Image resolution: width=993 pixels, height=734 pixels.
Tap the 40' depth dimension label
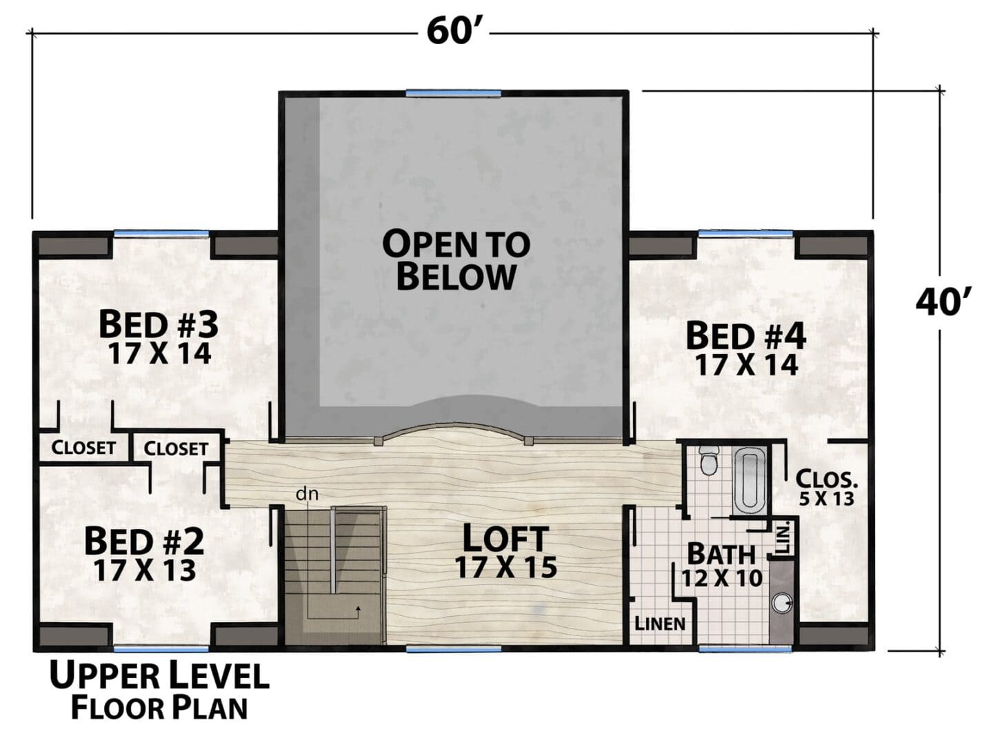coord(937,302)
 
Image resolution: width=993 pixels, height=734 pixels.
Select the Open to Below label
coord(457,260)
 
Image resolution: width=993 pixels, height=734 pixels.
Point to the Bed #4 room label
coord(746,337)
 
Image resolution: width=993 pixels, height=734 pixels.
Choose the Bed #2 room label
coord(144,541)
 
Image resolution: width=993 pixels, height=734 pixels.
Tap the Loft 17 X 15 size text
coord(506,567)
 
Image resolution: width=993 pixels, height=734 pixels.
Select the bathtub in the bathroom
coord(749,483)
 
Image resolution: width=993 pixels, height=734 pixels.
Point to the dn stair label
coord(307,495)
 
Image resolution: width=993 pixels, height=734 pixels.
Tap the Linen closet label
coord(661,624)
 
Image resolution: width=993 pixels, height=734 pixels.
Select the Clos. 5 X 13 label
coord(826,487)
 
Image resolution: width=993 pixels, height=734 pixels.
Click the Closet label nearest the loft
coord(176,448)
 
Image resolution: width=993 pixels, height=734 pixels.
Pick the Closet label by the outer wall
coord(83,447)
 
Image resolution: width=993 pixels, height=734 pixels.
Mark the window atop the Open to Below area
coord(453,93)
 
